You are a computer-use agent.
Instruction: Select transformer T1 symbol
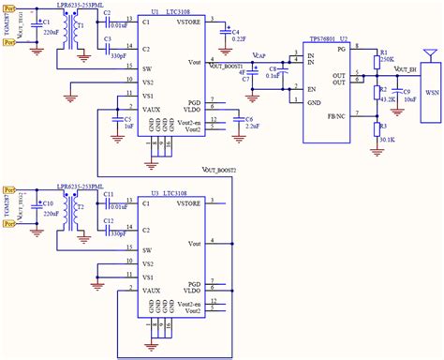81,34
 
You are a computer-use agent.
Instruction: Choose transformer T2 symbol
81,212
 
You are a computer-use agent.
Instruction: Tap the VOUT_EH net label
405,70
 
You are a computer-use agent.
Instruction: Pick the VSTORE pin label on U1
187,21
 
